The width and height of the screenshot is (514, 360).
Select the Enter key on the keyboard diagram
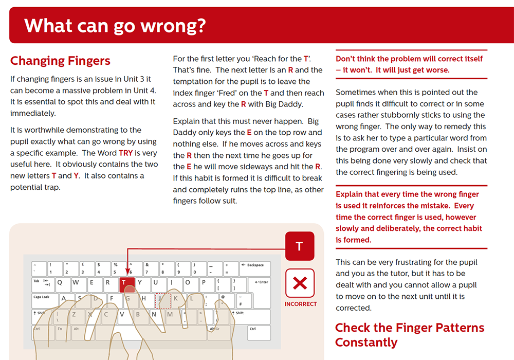260,283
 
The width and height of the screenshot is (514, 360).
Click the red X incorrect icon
300,282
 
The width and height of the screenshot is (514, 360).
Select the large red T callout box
300,246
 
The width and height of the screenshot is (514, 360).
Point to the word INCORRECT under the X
301,304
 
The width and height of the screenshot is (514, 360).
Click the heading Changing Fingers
60,61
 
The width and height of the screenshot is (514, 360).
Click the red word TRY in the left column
125,153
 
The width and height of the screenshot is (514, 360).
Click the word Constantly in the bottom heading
366,343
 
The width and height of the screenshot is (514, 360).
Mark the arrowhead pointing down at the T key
127,274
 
